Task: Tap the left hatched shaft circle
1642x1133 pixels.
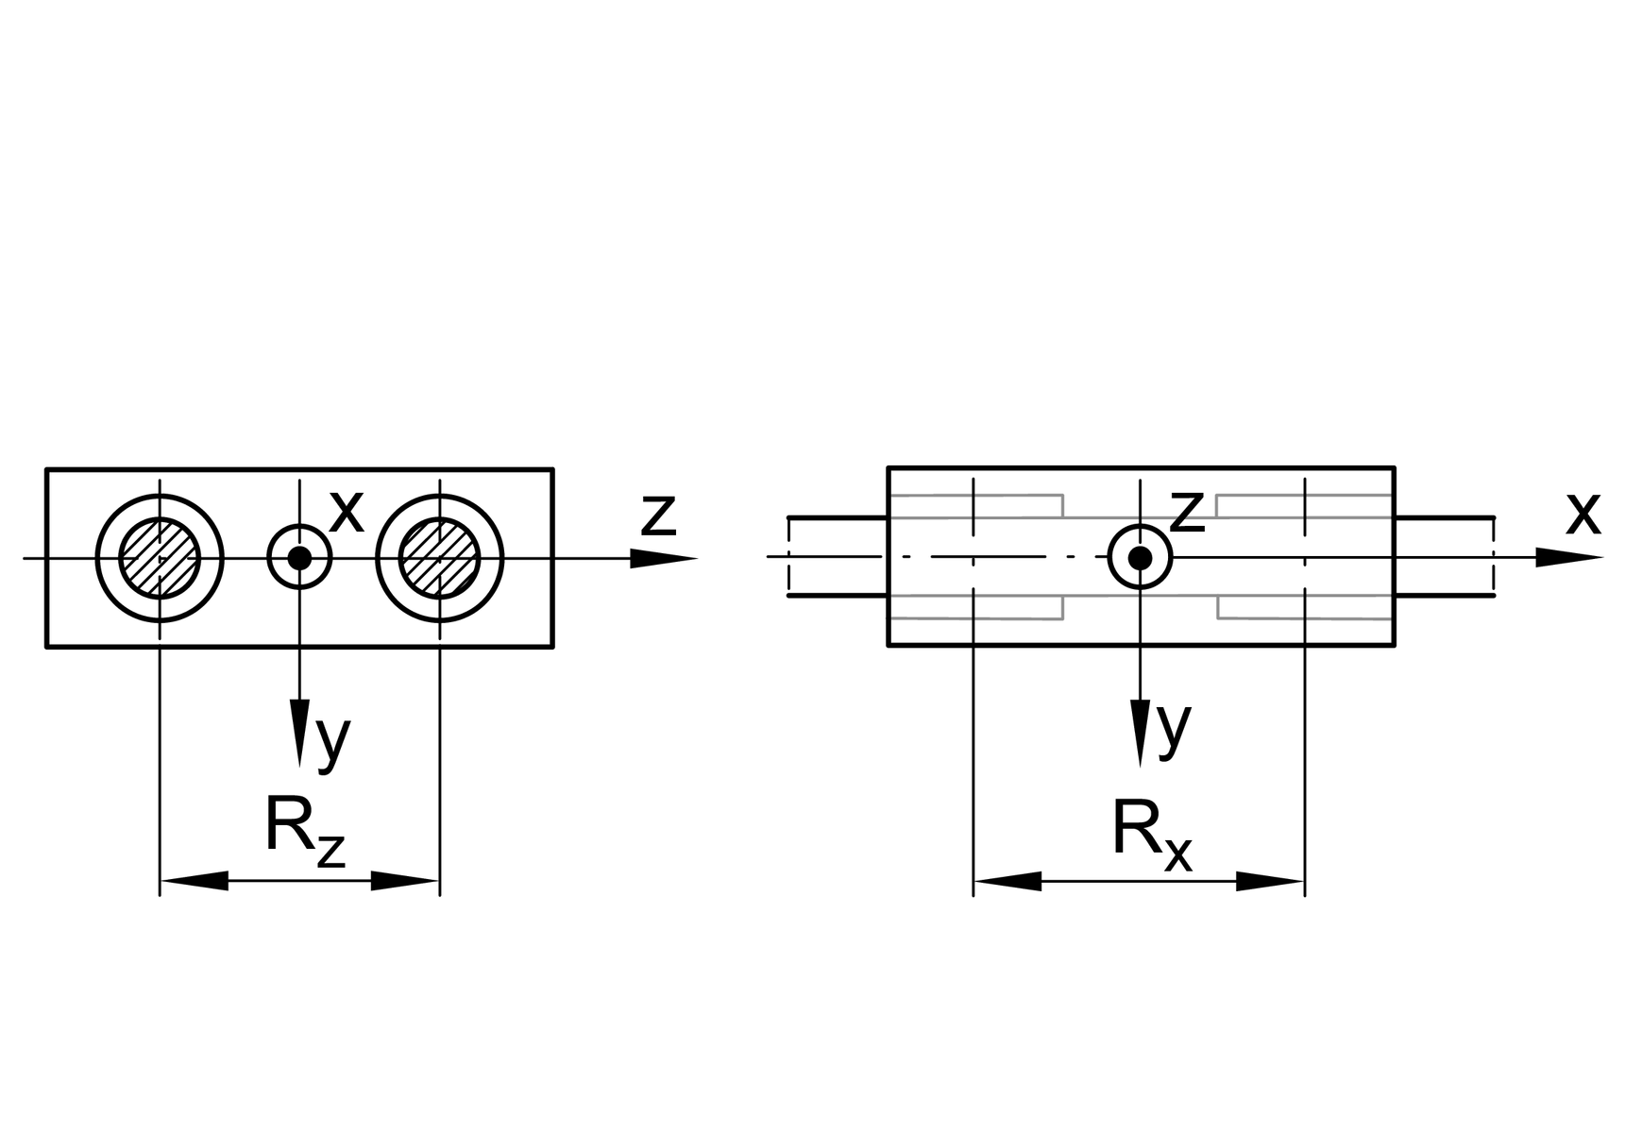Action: (x=160, y=558)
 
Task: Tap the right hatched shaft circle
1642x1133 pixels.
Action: (x=439, y=558)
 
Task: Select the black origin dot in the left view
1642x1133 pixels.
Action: (x=299, y=558)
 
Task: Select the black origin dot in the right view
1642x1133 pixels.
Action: (x=1140, y=558)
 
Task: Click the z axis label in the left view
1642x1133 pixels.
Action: (x=658, y=515)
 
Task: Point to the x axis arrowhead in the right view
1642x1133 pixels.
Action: (x=1567, y=558)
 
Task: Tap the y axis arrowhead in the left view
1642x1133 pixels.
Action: (x=299, y=731)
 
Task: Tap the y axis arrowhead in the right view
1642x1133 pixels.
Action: (x=1140, y=731)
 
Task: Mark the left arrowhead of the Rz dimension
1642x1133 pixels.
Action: (x=195, y=881)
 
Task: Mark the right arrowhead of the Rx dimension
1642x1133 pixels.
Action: (x=1270, y=881)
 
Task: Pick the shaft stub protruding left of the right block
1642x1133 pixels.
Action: (x=837, y=557)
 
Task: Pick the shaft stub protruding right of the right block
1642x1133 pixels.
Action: (x=1444, y=557)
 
